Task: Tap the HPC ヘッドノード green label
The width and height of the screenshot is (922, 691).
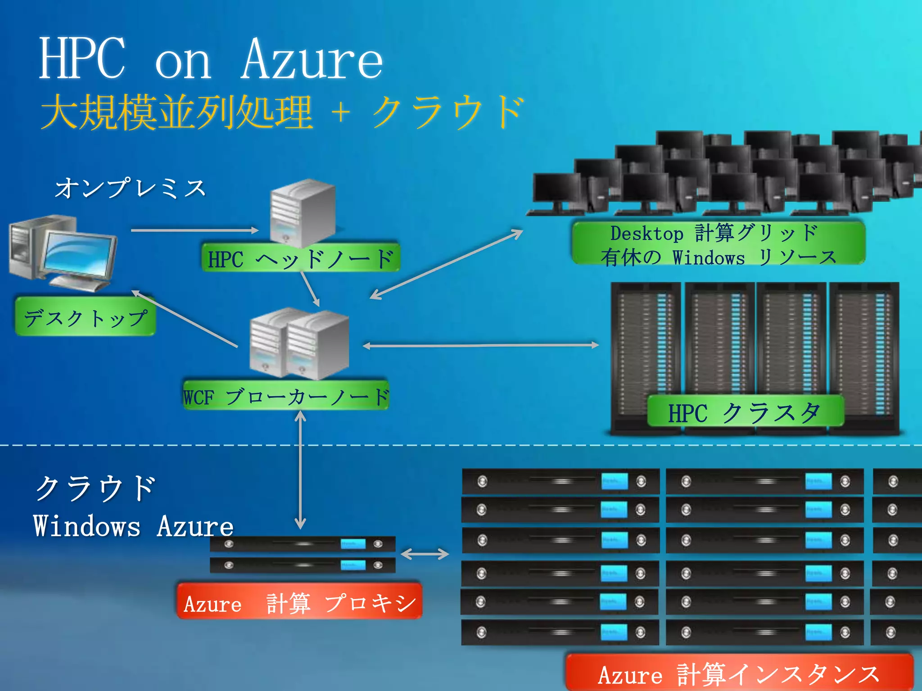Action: pos(301,259)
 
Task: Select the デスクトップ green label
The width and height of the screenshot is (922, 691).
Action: pos(86,318)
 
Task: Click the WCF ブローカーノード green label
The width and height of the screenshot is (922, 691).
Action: pos(286,396)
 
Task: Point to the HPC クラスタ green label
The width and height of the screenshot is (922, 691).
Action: pos(745,412)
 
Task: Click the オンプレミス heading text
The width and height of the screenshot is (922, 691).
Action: pos(130,188)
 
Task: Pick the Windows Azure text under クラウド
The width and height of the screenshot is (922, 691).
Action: pos(133,526)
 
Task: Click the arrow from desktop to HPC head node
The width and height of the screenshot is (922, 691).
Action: pos(194,230)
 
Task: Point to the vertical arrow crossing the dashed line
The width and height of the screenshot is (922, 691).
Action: pos(300,470)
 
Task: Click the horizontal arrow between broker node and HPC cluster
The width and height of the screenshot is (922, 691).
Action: pos(480,345)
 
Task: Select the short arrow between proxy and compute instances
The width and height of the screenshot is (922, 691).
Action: pos(425,554)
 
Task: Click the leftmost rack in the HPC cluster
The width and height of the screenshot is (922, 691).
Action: pos(646,355)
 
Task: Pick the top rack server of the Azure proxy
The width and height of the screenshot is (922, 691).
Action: pos(303,544)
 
